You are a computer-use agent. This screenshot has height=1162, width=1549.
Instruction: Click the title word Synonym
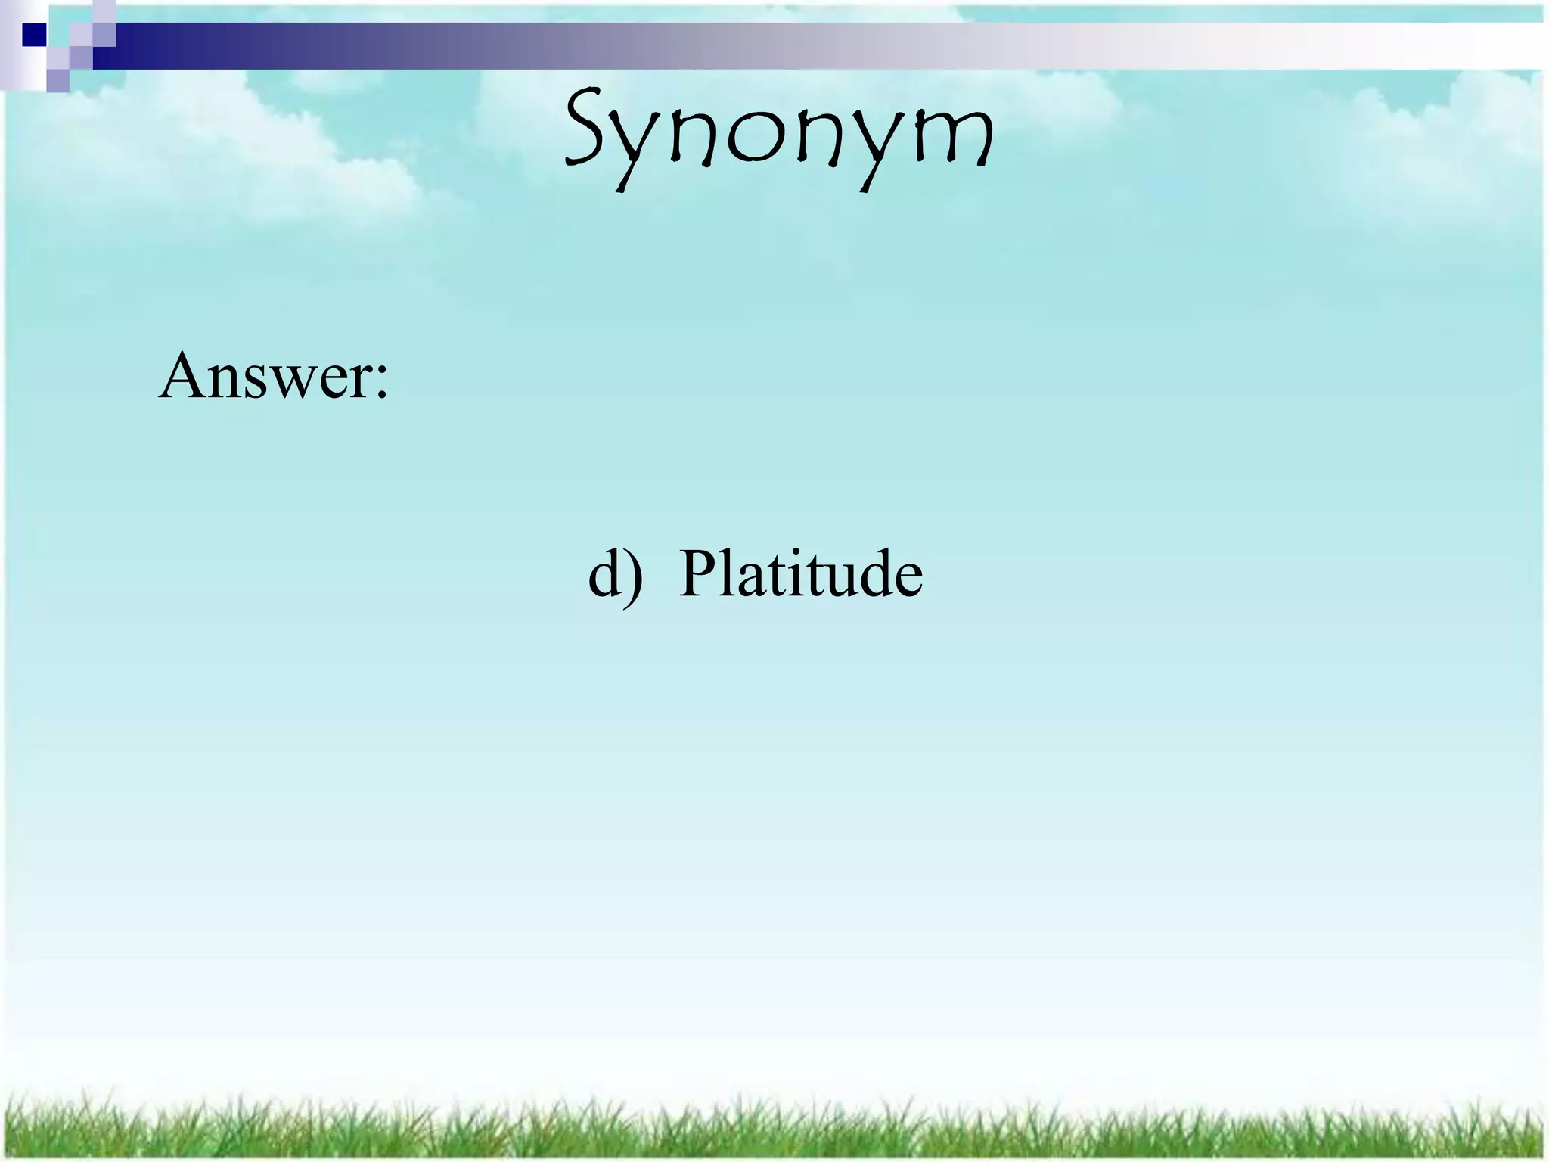[779, 136]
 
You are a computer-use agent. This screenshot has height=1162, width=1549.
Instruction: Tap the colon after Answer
[380, 382]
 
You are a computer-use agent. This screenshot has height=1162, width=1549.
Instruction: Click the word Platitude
[800, 573]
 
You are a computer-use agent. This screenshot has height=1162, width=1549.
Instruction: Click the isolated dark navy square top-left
[33, 35]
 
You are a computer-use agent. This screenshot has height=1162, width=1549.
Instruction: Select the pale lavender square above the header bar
[104, 11]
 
